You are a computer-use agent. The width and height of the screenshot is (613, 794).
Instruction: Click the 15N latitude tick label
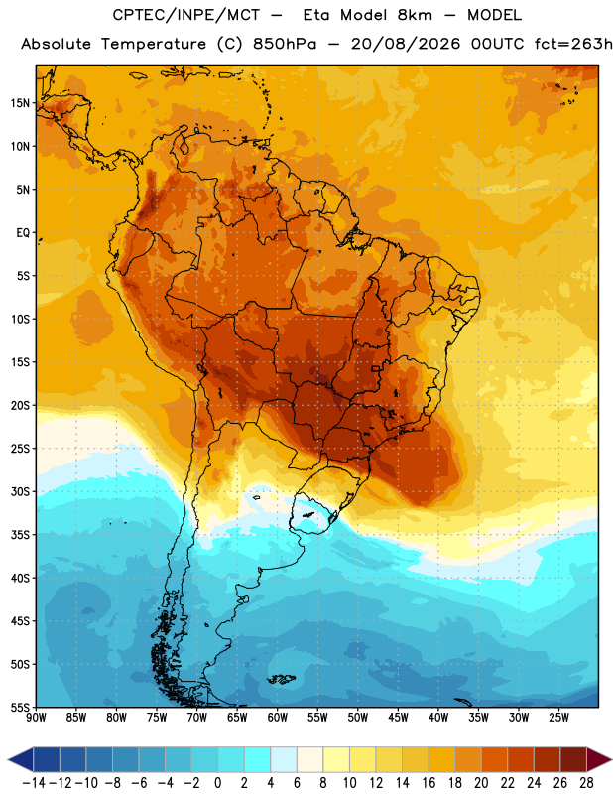20,103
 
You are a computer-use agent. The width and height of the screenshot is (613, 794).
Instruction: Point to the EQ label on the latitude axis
23,233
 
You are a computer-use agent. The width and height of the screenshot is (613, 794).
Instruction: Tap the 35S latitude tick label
20,535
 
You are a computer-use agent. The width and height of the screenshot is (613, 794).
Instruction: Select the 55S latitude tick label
20,707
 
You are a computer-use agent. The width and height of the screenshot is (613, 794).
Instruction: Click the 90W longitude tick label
37,717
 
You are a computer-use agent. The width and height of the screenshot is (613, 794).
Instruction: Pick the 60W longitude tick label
278,717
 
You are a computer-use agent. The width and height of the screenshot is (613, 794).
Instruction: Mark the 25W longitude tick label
558,717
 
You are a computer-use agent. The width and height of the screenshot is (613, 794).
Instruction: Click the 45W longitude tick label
398,717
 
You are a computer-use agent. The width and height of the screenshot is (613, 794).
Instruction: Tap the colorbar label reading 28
586,783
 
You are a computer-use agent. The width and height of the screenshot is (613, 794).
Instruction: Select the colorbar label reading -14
34,783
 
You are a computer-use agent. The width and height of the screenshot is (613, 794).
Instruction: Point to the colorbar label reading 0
217,783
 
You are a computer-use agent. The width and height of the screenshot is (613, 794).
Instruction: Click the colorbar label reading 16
429,783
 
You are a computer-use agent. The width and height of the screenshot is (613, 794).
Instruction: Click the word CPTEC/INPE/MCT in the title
186,15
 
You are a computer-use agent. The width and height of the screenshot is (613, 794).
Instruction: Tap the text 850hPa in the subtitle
285,44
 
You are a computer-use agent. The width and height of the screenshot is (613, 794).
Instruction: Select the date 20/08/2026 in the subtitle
406,44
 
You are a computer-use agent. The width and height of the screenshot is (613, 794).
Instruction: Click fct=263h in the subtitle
573,44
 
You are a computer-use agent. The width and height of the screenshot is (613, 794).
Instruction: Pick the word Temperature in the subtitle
154,44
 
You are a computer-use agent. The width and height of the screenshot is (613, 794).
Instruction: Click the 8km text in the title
415,15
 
